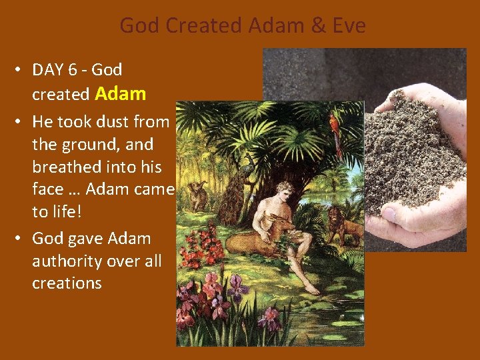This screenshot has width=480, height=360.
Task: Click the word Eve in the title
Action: (347, 26)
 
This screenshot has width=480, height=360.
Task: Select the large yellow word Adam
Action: (121, 93)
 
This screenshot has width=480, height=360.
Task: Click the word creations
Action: (67, 283)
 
